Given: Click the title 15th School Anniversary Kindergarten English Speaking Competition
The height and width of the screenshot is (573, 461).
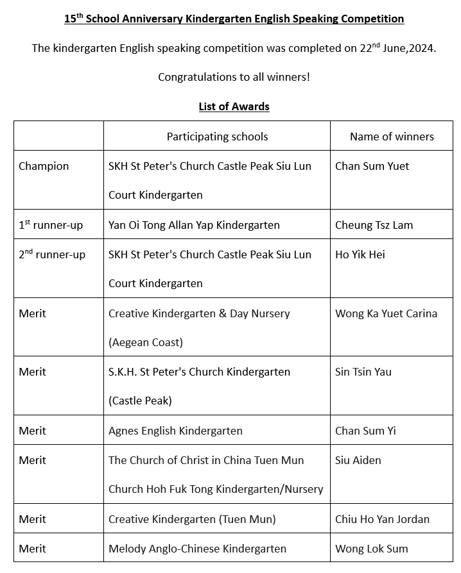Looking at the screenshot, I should [234, 19].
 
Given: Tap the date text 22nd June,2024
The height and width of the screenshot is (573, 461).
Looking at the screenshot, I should [397, 48].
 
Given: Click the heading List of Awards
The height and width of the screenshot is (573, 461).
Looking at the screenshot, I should [234, 106].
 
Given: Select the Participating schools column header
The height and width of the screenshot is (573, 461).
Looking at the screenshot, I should [217, 137].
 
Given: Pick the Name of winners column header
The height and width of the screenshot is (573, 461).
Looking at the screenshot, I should [392, 137].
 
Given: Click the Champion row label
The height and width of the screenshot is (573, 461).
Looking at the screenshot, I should [44, 166].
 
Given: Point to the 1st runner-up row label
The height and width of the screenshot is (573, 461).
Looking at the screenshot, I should [51, 225].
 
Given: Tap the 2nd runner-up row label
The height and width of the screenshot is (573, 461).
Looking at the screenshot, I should [52, 254].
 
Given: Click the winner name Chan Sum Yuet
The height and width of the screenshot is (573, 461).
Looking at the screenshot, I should [372, 166].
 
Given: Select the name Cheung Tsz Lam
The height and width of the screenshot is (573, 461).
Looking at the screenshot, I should [374, 225].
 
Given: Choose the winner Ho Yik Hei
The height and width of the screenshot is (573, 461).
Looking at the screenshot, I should [360, 254].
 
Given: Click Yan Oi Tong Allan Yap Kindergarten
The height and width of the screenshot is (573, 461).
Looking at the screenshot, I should [194, 225].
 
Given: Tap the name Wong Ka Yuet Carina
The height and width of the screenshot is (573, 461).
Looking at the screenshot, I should [386, 313].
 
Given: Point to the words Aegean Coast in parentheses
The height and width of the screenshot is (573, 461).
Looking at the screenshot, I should [146, 342].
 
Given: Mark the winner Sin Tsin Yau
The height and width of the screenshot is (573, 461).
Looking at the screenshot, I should [363, 372].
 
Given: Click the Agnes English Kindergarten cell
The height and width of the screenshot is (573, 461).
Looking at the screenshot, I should [175, 431].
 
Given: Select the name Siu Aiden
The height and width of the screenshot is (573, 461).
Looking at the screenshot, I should [358, 460].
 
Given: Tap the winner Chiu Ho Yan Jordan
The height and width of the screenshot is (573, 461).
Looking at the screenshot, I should [382, 519].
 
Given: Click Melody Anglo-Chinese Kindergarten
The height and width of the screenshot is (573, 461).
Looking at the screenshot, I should [197, 549].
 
